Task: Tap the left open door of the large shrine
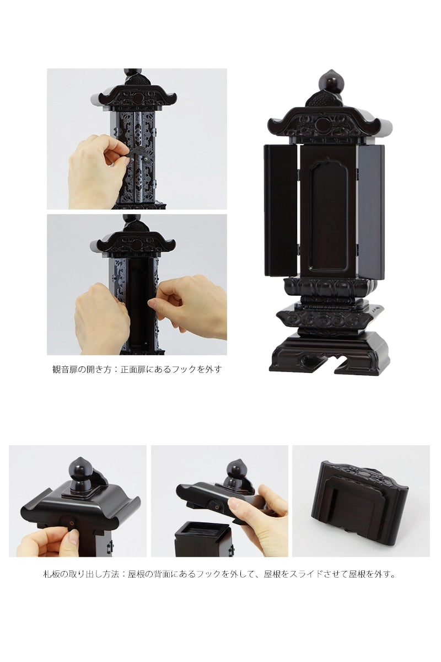click(x=281, y=210)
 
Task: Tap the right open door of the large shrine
click(x=372, y=210)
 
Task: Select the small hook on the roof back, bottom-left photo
click(x=72, y=524)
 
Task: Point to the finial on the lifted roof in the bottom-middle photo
click(x=235, y=476)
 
